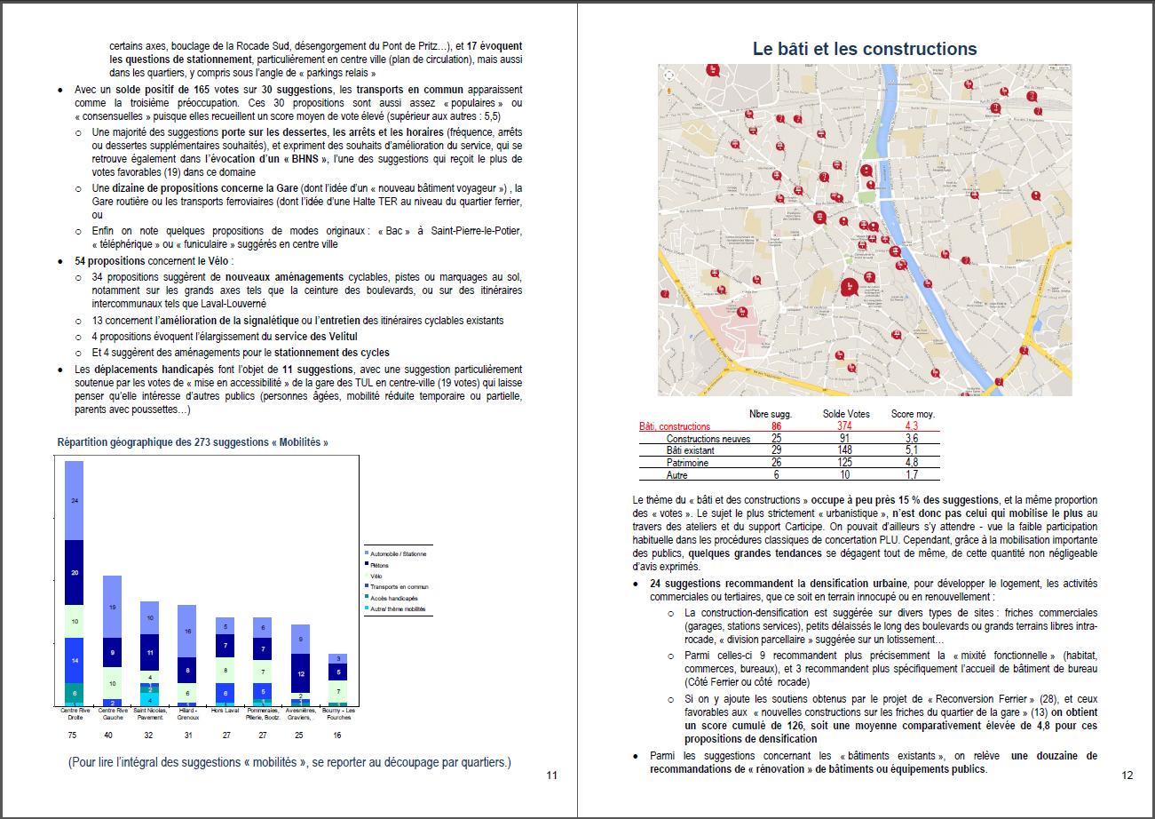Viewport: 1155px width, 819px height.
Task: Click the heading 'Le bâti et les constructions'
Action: [x=865, y=49]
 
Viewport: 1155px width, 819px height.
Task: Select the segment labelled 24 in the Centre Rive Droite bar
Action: [x=75, y=501]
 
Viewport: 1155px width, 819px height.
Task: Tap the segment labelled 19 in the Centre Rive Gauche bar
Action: [x=112, y=607]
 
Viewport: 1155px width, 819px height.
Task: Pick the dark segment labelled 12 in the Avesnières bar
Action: [x=301, y=673]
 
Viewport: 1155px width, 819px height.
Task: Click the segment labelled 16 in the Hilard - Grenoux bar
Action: [x=187, y=631]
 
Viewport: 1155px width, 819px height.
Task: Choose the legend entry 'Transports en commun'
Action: [x=399, y=586]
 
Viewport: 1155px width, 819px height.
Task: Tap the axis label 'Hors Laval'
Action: [x=225, y=710]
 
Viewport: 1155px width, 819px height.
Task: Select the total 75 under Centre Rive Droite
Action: [x=74, y=735]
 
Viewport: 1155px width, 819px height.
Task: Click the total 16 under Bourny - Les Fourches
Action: [x=337, y=735]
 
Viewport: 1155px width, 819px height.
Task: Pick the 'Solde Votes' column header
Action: [x=845, y=414]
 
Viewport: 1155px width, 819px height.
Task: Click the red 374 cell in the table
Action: [x=845, y=426]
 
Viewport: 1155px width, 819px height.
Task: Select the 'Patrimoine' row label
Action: [x=687, y=463]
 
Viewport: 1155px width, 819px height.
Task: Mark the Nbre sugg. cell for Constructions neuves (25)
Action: [x=776, y=439]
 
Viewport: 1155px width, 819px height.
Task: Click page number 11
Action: [x=551, y=775]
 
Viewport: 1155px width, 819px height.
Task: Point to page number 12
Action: [x=1127, y=775]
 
